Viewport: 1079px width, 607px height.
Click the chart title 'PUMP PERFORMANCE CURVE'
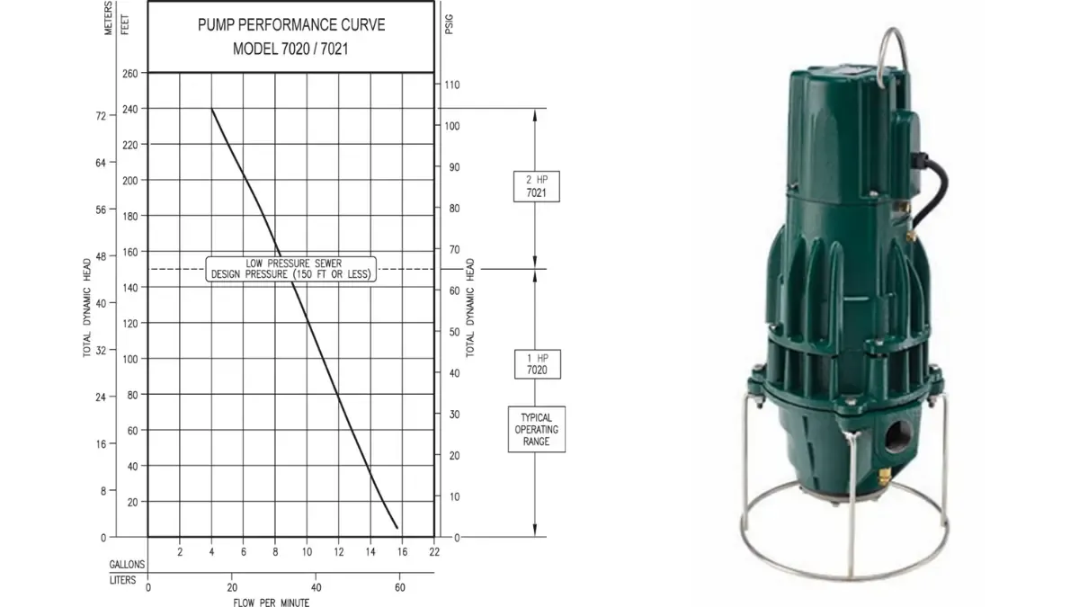[291, 25]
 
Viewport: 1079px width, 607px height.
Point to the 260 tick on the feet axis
[130, 73]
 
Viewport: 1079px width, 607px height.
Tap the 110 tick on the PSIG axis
[451, 85]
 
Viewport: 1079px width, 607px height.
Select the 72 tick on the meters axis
[101, 116]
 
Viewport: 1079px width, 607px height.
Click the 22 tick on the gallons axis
[434, 552]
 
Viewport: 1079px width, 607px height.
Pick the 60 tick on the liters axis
[400, 588]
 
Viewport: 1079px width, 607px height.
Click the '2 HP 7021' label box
[537, 186]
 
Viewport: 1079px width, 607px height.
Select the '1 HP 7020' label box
[538, 364]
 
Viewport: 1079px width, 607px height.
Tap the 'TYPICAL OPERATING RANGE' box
[537, 429]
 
